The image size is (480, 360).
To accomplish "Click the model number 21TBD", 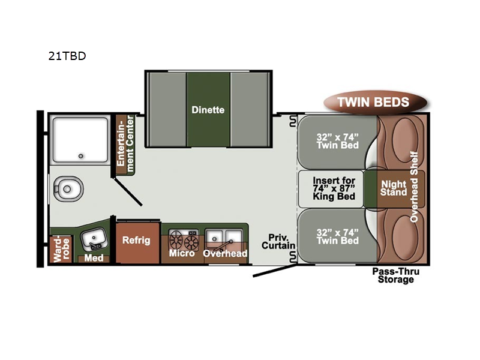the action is point(67,56).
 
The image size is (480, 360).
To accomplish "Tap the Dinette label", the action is point(208,110).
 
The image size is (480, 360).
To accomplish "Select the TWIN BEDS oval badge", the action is point(374,102).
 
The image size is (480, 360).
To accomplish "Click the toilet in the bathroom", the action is point(68,188).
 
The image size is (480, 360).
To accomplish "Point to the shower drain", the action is point(81,156).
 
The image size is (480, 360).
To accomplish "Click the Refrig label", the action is point(136,240).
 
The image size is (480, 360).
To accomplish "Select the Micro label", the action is point(182,253).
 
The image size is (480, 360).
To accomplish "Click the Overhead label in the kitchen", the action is point(225,253).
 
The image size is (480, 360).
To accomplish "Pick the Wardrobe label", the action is point(62,249).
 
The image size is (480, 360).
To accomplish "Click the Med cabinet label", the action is point(94,258).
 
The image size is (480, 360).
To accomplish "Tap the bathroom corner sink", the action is point(93,239).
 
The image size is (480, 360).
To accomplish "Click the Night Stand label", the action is point(394,188).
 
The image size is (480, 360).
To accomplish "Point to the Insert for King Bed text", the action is point(334,188).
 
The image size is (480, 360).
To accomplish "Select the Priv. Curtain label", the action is point(278,242).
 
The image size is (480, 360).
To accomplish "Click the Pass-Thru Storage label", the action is point(396,275).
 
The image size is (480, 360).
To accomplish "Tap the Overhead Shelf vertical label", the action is point(414,187).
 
